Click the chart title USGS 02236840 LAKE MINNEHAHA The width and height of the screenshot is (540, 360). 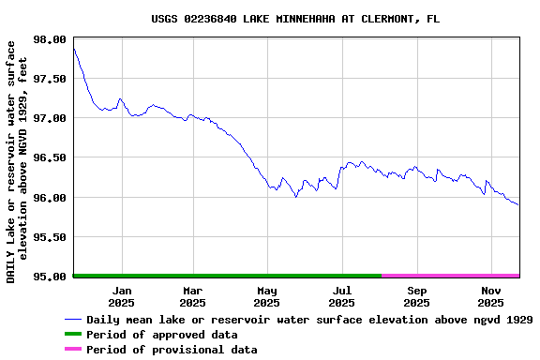coord(294,19)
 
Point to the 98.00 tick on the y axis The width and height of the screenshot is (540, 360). coord(49,39)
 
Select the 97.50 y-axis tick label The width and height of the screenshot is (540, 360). coord(49,79)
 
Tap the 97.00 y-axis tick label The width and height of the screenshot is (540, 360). coord(49,118)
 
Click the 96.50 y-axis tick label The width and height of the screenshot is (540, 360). coord(49,158)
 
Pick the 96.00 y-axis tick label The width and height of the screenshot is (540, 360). coord(49,198)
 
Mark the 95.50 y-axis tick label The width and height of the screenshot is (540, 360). coord(49,237)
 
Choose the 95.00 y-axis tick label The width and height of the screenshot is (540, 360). coord(49,277)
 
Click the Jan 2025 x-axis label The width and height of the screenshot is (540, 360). coord(122,296)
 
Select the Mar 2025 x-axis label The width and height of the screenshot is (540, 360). coord(192,296)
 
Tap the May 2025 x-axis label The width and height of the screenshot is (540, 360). coord(267,296)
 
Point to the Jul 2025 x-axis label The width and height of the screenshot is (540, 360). coord(342,296)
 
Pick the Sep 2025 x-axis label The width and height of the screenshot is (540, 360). coord(417,296)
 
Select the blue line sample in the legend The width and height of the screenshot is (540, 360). coord(73,320)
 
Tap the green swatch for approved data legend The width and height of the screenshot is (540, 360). coord(73,335)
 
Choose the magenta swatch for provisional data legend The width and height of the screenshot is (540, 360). coord(73,350)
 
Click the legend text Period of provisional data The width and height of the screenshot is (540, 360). coord(172,350)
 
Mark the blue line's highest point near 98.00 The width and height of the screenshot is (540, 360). coord(73,48)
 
